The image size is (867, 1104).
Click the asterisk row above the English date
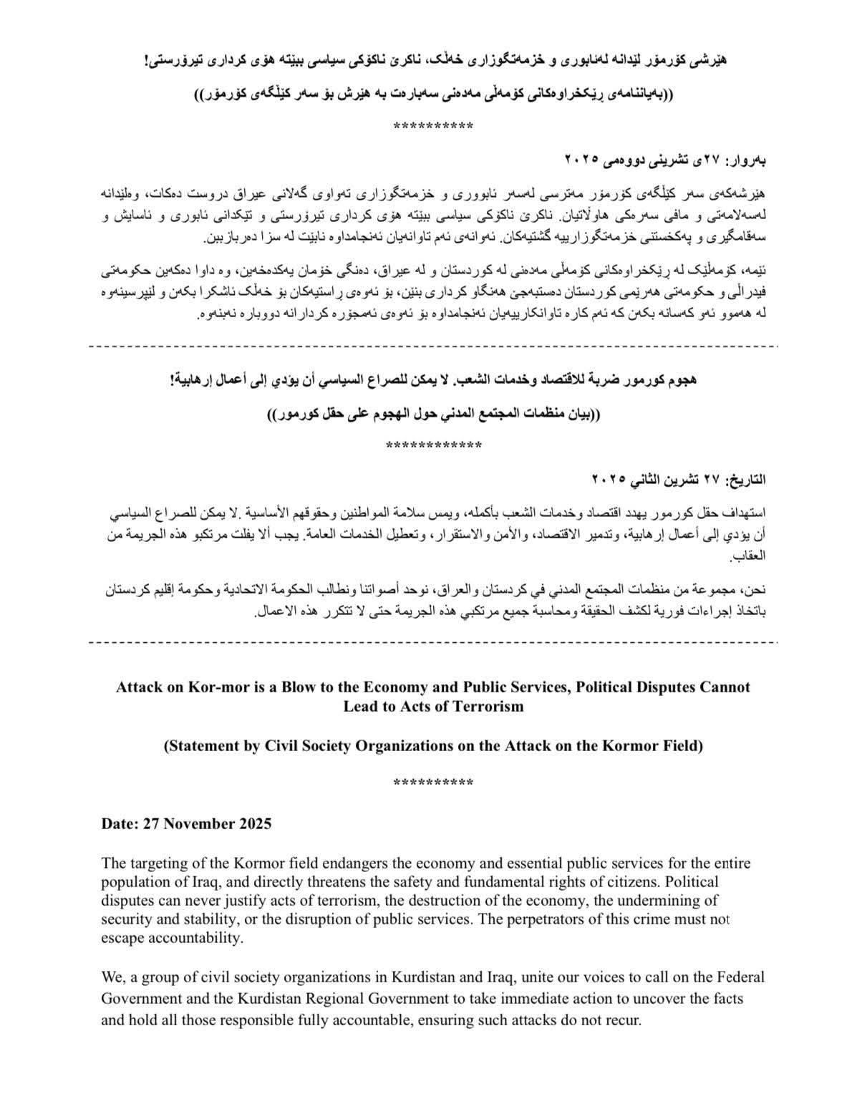[433, 783]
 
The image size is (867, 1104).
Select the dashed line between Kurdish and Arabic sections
[433, 347]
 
